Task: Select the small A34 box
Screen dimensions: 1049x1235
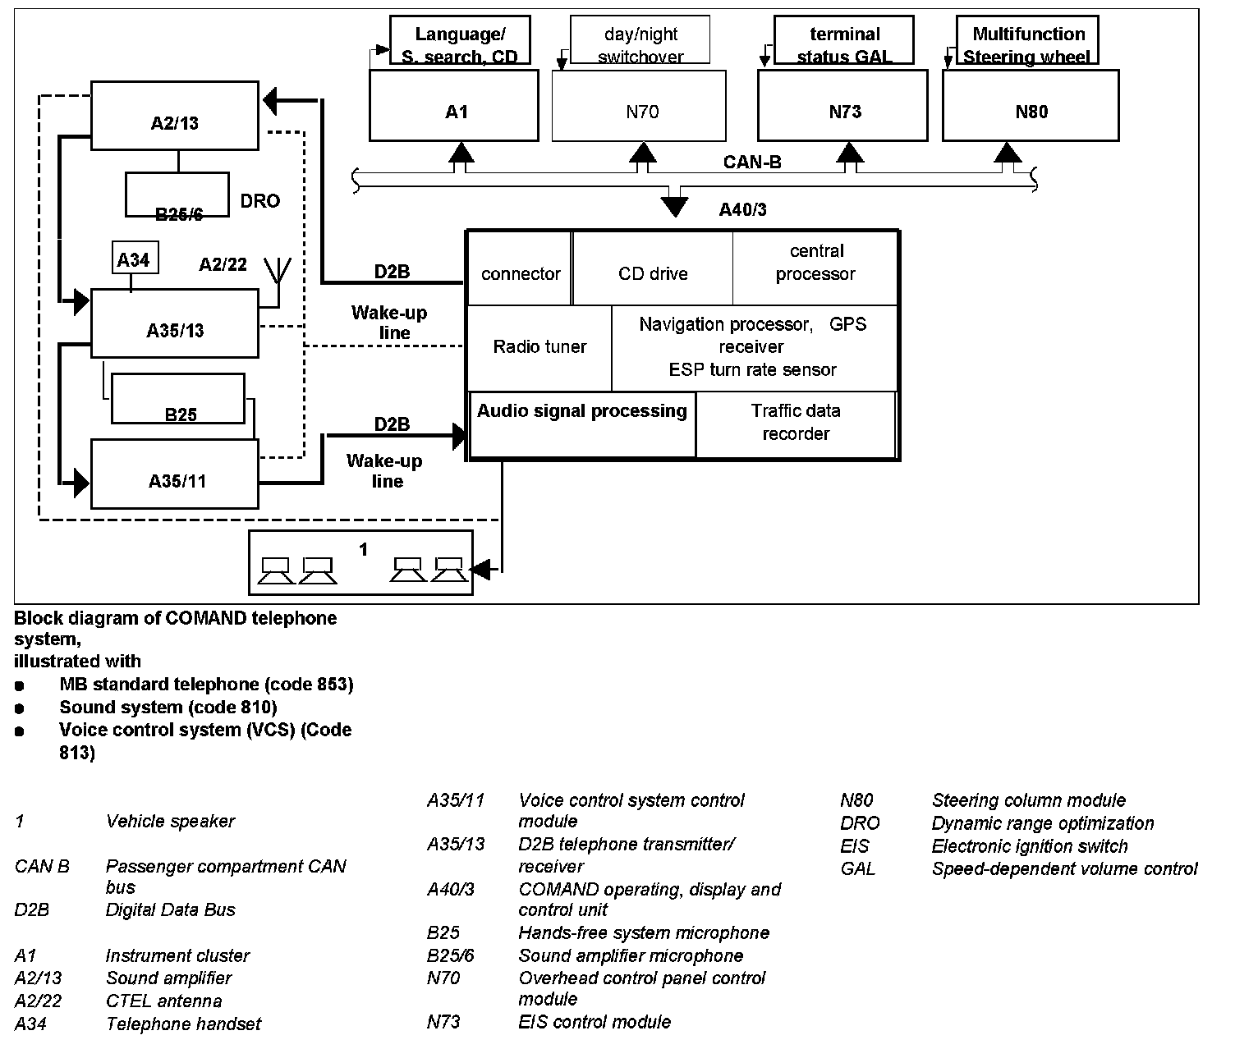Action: pyautogui.click(x=134, y=259)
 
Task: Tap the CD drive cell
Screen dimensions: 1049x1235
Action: pyautogui.click(x=653, y=273)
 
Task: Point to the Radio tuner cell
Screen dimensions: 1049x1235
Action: pyautogui.click(x=539, y=347)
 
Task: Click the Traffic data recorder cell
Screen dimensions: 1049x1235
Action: pyautogui.click(x=795, y=423)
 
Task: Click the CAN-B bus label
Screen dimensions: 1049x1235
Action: pyautogui.click(x=751, y=162)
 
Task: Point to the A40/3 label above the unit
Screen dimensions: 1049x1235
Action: pyautogui.click(x=742, y=210)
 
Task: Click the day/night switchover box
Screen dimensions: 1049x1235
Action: pyautogui.click(x=640, y=44)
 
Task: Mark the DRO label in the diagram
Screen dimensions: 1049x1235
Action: pyautogui.click(x=259, y=201)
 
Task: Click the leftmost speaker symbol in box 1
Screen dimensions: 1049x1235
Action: pyautogui.click(x=275, y=570)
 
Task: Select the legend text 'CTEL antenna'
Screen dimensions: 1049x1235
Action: pyautogui.click(x=163, y=1001)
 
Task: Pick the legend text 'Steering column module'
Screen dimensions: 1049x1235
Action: pyautogui.click(x=1028, y=800)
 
